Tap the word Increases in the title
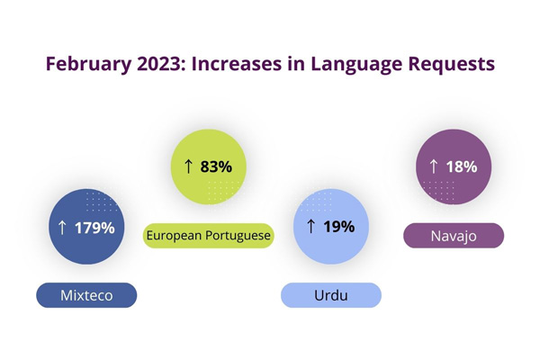(233, 65)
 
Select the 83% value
(217, 166)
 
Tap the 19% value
(339, 227)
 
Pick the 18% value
(462, 166)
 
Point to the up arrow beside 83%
(189, 166)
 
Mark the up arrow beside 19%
(311, 227)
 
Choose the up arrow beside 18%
(434, 166)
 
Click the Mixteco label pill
(86, 295)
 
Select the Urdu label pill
(331, 295)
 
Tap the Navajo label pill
(454, 235)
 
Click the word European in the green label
(175, 236)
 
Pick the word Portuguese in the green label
(239, 236)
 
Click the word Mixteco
(86, 295)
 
